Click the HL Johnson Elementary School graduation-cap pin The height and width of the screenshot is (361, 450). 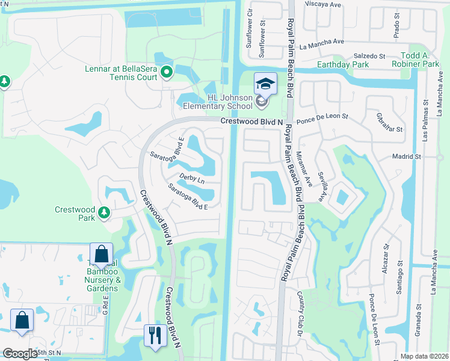[x=265, y=84]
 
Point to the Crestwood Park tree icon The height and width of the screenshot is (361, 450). [x=104, y=212]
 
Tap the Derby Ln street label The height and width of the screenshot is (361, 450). [x=192, y=180]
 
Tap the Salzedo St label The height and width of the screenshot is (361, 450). [x=369, y=55]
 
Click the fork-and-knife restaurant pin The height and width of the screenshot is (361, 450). [x=155, y=336]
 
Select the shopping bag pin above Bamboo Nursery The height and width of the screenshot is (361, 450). [x=102, y=256]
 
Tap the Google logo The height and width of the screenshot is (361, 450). [x=20, y=354]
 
